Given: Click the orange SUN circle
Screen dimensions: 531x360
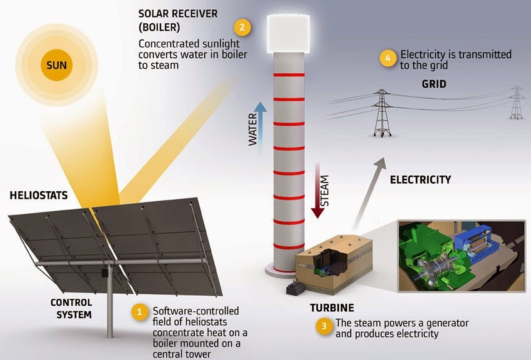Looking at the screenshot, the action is pyautogui.click(x=57, y=65).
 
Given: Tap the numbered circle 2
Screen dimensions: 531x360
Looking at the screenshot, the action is pyautogui.click(x=242, y=27).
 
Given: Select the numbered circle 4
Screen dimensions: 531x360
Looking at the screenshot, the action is pyautogui.click(x=388, y=58).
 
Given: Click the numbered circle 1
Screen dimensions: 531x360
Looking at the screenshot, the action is pyautogui.click(x=139, y=311).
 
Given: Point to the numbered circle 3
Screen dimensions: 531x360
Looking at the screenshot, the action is pyautogui.click(x=324, y=326).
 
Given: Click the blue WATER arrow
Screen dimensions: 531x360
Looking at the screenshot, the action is pyautogui.click(x=260, y=126).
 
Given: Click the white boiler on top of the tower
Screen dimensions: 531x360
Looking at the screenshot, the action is pyautogui.click(x=288, y=34).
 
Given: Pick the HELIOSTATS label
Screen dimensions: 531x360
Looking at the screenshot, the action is pyautogui.click(x=39, y=196).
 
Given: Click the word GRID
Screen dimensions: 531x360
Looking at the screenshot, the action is pyautogui.click(x=434, y=84).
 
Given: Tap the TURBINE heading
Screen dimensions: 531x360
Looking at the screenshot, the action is pyautogui.click(x=332, y=308).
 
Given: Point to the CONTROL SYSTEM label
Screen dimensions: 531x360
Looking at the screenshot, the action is pyautogui.click(x=71, y=309).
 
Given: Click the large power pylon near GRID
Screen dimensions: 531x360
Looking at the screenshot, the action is pyautogui.click(x=382, y=113).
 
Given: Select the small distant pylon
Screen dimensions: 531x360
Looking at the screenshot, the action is pyautogui.click(x=517, y=102).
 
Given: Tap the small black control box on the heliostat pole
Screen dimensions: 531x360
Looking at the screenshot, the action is pyautogui.click(x=105, y=272).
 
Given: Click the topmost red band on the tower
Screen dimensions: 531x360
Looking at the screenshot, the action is pyautogui.click(x=289, y=75).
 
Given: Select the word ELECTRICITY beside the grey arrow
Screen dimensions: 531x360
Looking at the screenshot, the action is pyautogui.click(x=420, y=179).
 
